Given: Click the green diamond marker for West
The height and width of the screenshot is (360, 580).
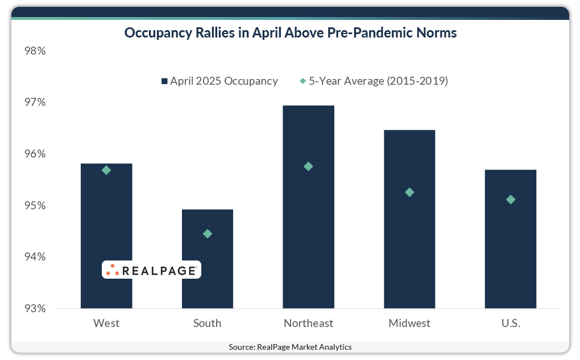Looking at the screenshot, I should (106, 170).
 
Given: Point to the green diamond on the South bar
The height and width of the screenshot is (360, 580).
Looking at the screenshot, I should (208, 234).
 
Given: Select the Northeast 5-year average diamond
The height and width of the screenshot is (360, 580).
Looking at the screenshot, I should (308, 167).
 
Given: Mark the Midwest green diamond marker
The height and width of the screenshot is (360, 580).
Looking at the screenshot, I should (409, 192).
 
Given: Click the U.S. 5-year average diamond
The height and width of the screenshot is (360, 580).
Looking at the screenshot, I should (511, 200).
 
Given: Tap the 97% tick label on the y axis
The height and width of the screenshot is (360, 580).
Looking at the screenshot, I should (35, 102).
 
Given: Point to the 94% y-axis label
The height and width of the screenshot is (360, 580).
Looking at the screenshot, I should (35, 257).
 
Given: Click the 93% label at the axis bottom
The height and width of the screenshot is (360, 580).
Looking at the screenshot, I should (35, 309).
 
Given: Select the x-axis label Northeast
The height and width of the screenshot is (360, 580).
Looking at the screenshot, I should (308, 324).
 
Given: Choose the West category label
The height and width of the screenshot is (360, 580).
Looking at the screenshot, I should (106, 324).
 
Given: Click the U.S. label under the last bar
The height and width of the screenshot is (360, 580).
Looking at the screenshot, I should (510, 324).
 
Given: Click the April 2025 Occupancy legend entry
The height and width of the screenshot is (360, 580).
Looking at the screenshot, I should (219, 81).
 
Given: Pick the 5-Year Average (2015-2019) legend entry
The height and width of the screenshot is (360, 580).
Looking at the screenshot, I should (374, 81).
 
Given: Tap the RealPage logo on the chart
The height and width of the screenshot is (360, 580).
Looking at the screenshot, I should (151, 270).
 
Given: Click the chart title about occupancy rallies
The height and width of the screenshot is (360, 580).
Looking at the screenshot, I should (290, 33).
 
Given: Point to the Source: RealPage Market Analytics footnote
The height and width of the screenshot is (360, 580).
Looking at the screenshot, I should (290, 347).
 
